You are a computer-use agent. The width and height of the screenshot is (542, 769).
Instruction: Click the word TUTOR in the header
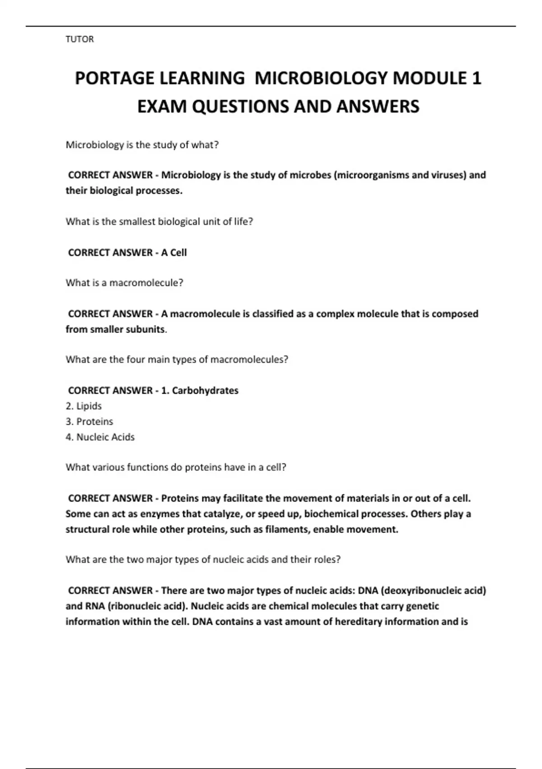pos(79,39)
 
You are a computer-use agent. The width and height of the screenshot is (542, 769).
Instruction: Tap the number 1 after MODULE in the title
pos(476,78)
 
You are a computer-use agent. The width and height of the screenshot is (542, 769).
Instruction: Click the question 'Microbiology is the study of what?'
pos(142,145)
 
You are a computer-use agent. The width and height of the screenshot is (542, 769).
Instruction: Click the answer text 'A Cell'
pos(174,252)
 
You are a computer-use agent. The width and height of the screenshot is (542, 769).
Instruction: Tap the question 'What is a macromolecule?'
pos(124,283)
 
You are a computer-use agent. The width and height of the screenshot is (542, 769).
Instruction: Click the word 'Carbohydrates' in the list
pos(205,390)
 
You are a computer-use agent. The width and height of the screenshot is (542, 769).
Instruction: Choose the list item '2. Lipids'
pos(84,406)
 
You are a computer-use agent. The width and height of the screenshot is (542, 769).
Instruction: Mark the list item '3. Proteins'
pos(89,422)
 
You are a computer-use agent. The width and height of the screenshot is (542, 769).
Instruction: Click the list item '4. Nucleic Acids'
pos(100,437)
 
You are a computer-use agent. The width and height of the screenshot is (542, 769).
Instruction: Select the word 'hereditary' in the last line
pos(359,622)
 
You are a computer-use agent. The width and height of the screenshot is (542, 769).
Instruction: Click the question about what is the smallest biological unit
pos(159,222)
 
